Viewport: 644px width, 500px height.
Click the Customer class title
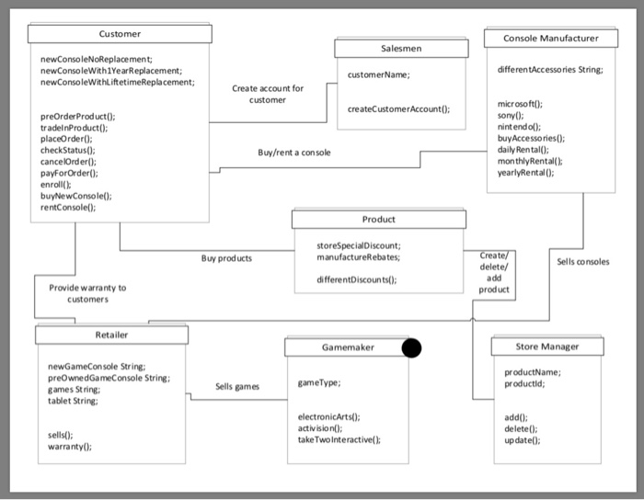tap(120, 34)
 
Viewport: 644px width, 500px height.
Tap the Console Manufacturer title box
tap(550, 38)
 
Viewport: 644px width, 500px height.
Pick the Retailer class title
tap(112, 335)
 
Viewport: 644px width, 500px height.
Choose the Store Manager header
tap(546, 347)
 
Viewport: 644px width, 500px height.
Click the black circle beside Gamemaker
tap(411, 347)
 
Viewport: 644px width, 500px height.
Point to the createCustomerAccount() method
tap(398, 108)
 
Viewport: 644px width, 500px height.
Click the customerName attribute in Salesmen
tap(379, 74)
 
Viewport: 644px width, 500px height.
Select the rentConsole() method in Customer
tap(69, 208)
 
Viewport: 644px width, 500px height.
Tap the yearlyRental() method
tap(524, 172)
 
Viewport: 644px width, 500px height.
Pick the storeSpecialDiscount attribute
tap(358, 246)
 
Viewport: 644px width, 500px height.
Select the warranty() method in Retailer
tap(69, 447)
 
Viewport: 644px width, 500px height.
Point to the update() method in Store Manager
tap(523, 440)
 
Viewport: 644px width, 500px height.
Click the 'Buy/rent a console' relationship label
tap(294, 153)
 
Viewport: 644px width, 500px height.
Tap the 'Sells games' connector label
tap(237, 387)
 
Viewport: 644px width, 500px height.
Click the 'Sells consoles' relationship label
tap(582, 262)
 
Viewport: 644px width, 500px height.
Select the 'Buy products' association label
tap(226, 259)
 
